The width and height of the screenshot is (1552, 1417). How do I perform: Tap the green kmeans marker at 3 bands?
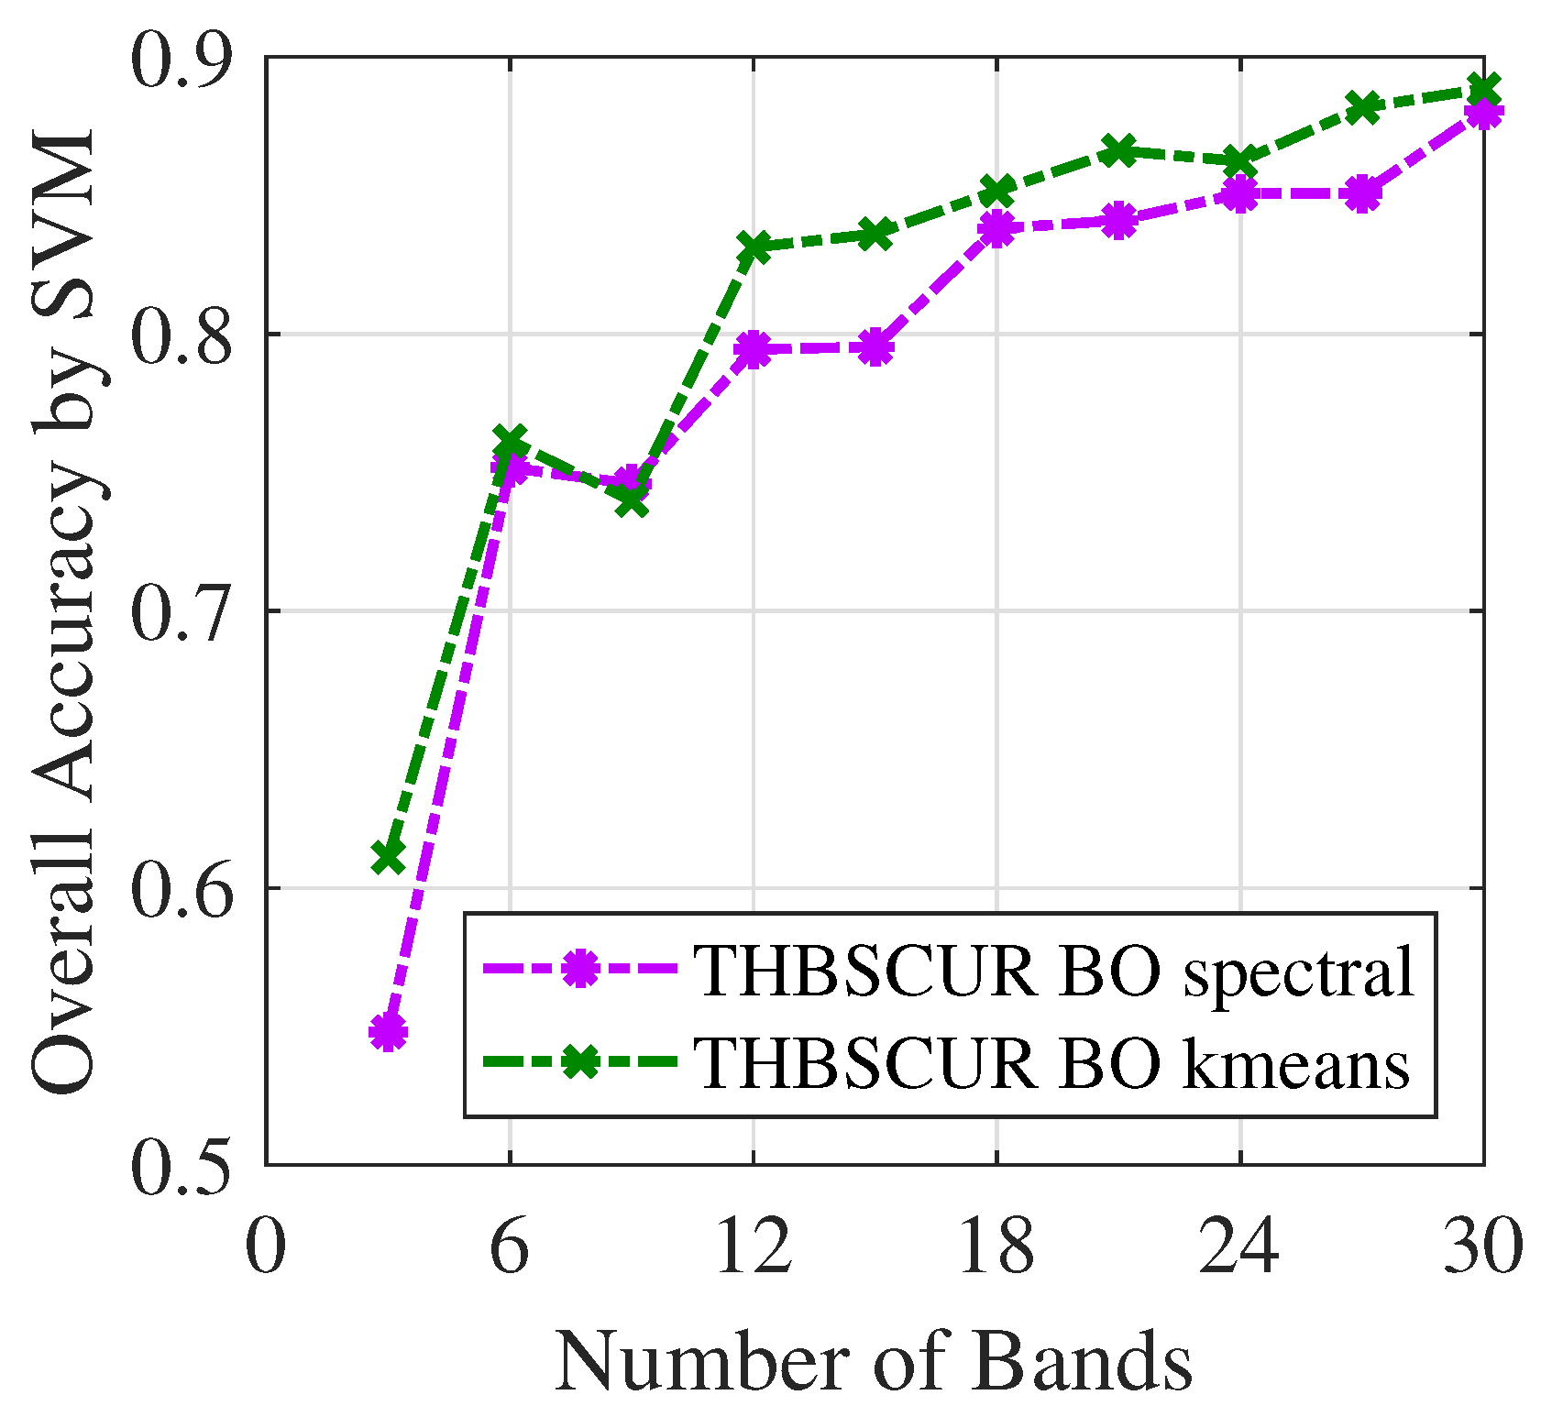click(388, 857)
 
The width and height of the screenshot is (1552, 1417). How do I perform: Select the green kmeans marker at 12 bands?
click(754, 247)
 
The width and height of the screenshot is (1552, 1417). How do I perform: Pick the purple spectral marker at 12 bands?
click(754, 349)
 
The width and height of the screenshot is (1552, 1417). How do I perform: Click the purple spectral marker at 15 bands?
click(875, 348)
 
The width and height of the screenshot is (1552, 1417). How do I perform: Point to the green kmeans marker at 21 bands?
click(1118, 150)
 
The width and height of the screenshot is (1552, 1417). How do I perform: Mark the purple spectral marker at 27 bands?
click(1362, 194)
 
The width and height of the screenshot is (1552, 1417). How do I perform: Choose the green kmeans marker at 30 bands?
click(1483, 90)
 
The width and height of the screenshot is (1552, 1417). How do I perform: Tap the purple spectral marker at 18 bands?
click(996, 228)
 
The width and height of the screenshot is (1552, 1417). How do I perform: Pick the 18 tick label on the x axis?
click(996, 1247)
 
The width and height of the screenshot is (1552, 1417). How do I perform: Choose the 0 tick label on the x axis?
click(266, 1247)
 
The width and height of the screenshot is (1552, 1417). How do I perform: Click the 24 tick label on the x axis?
click(1240, 1247)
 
